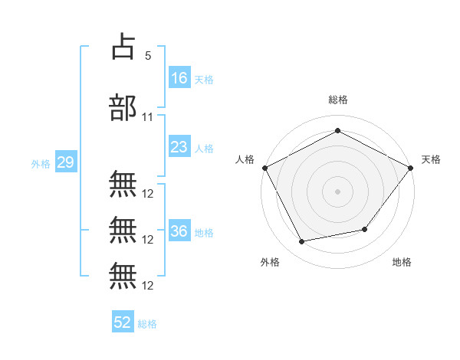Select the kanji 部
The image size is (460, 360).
(123, 108)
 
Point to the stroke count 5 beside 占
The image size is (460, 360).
(148, 56)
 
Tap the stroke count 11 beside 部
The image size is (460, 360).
(148, 117)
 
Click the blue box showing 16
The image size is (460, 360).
(179, 77)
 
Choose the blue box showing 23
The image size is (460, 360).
(179, 147)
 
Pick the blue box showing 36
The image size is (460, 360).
(179, 231)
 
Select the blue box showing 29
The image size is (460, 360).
(65, 162)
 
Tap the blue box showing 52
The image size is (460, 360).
(123, 322)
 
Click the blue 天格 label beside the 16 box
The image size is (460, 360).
(204, 79)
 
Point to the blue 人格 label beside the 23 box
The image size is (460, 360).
(204, 148)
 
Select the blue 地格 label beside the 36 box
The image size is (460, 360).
(204, 232)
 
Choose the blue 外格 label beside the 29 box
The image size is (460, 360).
(40, 163)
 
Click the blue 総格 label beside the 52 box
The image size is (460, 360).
(147, 324)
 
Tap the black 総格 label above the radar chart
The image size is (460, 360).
(337, 100)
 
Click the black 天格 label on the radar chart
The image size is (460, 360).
(431, 159)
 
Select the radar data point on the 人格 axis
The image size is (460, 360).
(265, 167)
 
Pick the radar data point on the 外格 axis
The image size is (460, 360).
(302, 242)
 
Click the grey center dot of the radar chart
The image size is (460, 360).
(337, 191)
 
